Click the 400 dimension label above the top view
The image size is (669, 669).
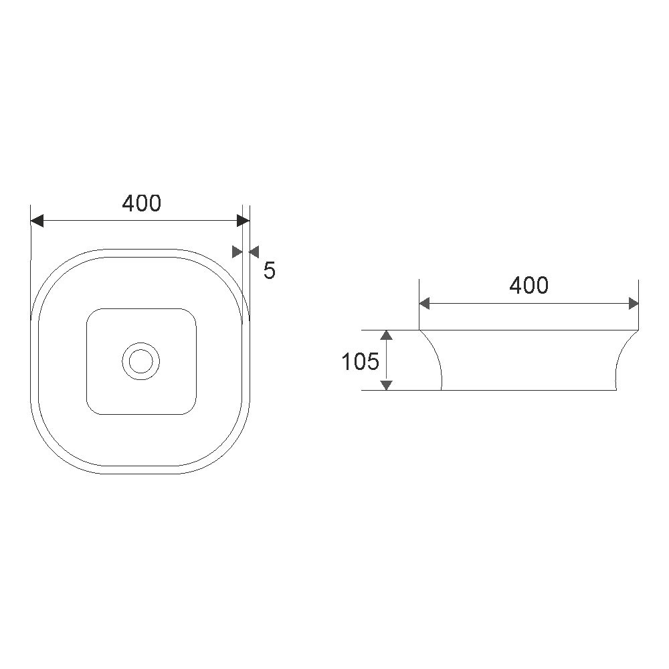(142, 203)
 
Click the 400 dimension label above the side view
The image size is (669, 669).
(529, 285)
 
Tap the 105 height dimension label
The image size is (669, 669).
(360, 362)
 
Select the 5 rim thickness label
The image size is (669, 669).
(270, 270)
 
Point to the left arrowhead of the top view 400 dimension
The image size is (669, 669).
(37, 221)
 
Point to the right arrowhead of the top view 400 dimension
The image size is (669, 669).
(244, 221)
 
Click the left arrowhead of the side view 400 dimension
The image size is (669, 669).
(425, 304)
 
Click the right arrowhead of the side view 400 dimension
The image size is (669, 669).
(634, 304)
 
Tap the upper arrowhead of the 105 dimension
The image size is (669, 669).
(386, 335)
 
